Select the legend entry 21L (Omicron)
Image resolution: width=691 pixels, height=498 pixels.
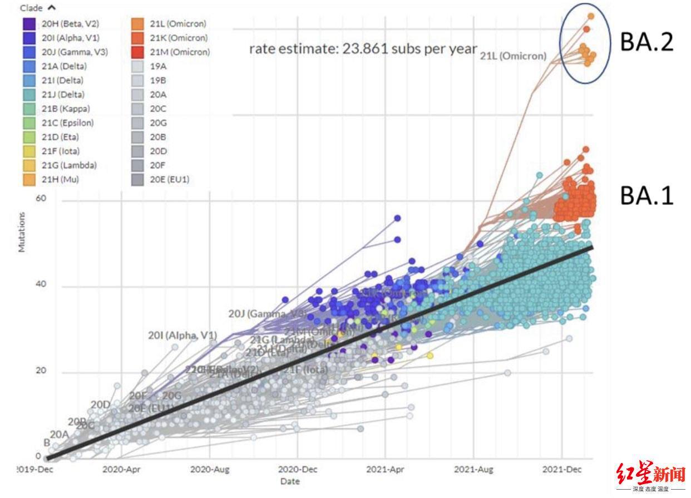pyautogui.click(x=177, y=24)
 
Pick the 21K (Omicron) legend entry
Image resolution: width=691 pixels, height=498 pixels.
pyautogui.click(x=179, y=38)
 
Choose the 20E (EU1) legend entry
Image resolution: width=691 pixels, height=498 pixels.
pyautogui.click(x=170, y=179)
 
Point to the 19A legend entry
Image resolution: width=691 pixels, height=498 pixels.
pyautogui.click(x=158, y=66)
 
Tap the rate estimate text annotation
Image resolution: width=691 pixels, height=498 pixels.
pyautogui.click(x=363, y=48)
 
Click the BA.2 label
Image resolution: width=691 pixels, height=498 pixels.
pyautogui.click(x=646, y=42)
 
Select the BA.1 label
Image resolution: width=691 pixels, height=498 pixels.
pyautogui.click(x=646, y=196)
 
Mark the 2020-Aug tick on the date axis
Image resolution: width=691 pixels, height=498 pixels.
pyautogui.click(x=209, y=469)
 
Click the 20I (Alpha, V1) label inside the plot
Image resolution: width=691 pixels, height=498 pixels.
pyautogui.click(x=182, y=336)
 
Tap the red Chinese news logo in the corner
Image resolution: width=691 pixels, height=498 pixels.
pyautogui.click(x=650, y=475)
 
